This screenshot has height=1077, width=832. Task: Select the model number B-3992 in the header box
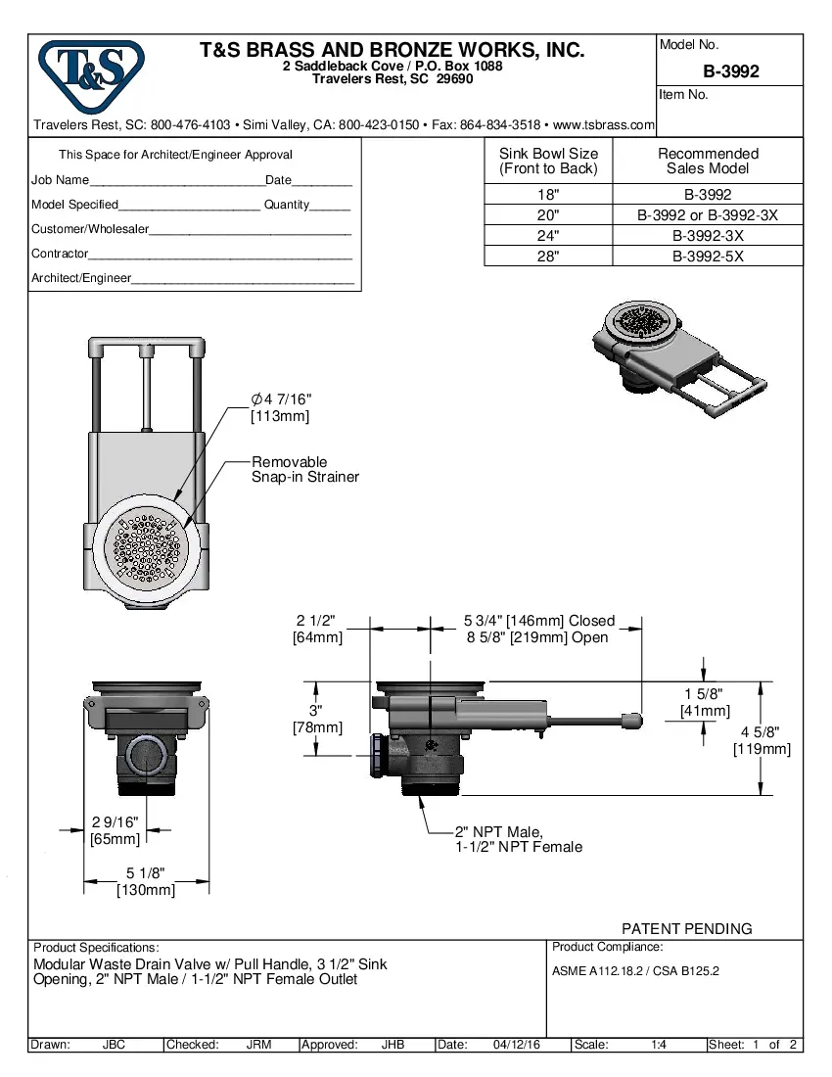click(x=730, y=71)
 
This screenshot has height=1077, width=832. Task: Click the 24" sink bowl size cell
click(x=548, y=236)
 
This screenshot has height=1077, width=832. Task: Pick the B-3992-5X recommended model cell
click(x=708, y=257)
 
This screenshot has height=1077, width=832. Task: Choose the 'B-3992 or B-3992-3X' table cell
click(x=708, y=215)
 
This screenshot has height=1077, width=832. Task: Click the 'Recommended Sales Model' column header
click(x=708, y=161)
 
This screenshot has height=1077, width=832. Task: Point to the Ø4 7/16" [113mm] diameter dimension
click(x=281, y=407)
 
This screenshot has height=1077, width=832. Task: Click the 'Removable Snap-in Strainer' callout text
click(x=305, y=469)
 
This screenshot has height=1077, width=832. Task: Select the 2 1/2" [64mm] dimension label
click(x=316, y=629)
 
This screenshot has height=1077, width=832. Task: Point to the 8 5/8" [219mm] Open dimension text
click(x=537, y=638)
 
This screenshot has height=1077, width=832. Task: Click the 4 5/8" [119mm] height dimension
click(x=762, y=741)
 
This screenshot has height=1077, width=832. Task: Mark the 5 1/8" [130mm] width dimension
click(x=145, y=881)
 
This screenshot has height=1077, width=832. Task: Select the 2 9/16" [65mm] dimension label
click(x=116, y=830)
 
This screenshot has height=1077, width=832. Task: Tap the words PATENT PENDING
click(x=687, y=928)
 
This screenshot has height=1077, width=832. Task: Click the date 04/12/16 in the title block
click(x=517, y=1045)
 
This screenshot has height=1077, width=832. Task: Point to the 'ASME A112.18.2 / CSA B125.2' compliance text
click(x=636, y=970)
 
